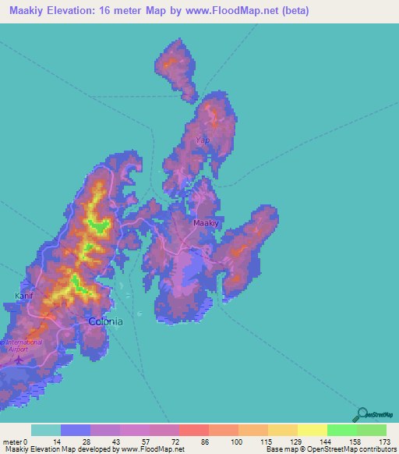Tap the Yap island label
click(x=203, y=140)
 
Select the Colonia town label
click(x=105, y=321)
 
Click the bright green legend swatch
click(x=341, y=430)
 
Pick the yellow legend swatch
click(x=312, y=430)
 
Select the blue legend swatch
click(x=75, y=430)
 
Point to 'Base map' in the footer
click(x=280, y=449)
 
